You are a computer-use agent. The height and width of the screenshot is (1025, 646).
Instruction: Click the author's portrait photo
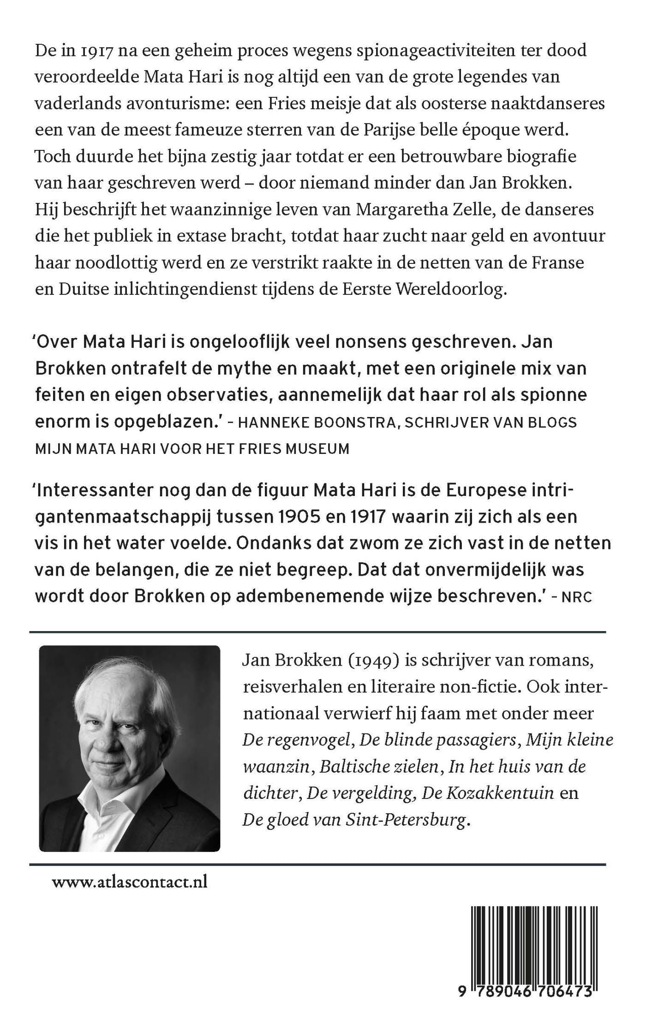coord(130,748)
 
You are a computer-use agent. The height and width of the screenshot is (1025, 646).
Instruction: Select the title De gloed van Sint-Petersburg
coord(354,820)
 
